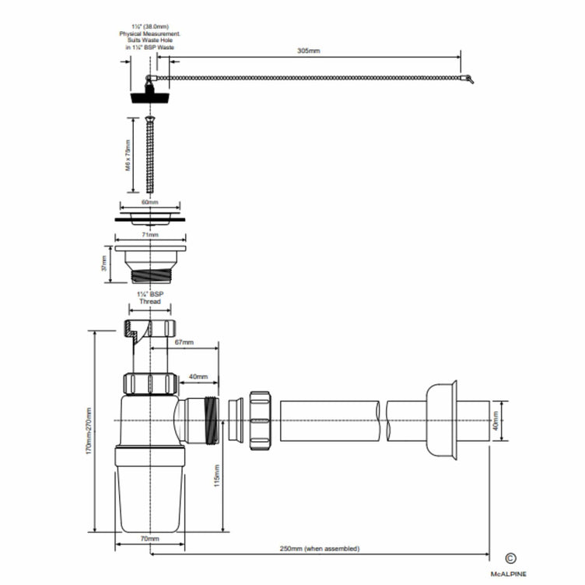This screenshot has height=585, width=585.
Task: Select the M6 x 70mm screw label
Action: pyautogui.click(x=128, y=154)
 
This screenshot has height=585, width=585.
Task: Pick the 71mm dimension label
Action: pyautogui.click(x=151, y=234)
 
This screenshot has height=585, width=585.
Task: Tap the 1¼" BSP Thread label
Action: pyautogui.click(x=149, y=298)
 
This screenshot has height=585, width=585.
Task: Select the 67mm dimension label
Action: pyautogui.click(x=184, y=342)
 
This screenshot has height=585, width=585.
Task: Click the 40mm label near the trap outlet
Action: pyautogui.click(x=199, y=377)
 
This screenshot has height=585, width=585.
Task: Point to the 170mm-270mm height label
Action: pyautogui.click(x=88, y=433)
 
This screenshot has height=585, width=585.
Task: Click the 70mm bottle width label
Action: pyautogui.click(x=149, y=538)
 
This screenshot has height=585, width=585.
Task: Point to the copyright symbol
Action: pyautogui.click(x=510, y=558)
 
